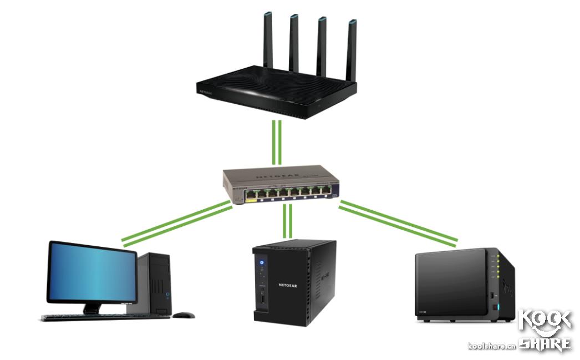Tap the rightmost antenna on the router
pyautogui.click(x=351, y=50)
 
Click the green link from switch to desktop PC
pyautogui.click(x=176, y=223)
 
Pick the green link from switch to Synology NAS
pyautogui.click(x=398, y=223)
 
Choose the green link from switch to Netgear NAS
pyautogui.click(x=287, y=221)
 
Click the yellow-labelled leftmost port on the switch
pyautogui.click(x=251, y=194)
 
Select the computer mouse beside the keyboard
pyautogui.click(x=183, y=315)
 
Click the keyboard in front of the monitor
pyautogui.click(x=105, y=318)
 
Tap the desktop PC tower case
pyautogui.click(x=159, y=283)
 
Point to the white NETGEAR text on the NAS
pyautogui.click(x=288, y=286)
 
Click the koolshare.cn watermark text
pyautogui.click(x=491, y=346)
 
